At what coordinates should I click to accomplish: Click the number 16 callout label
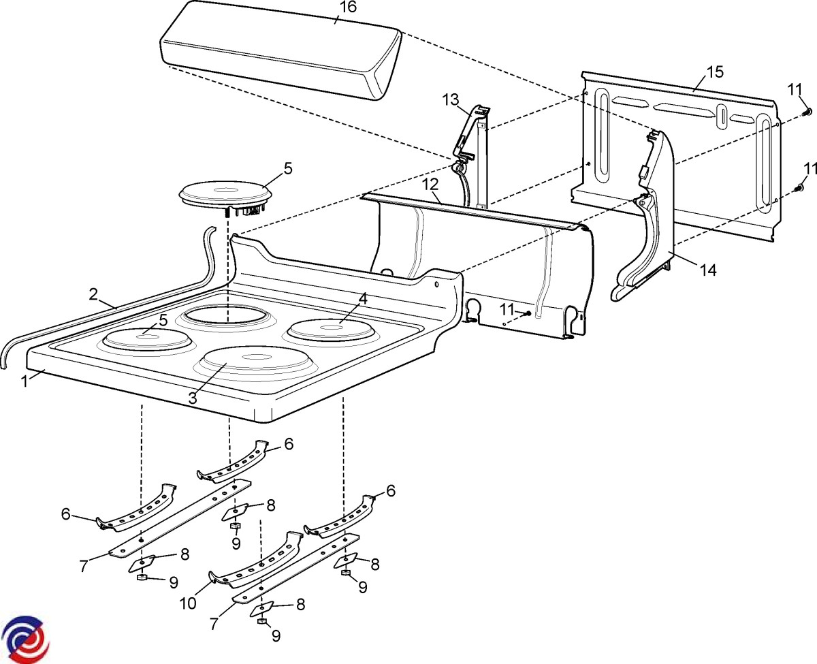click(x=347, y=7)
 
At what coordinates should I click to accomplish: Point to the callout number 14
click(x=708, y=270)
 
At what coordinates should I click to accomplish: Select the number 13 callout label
click(x=451, y=99)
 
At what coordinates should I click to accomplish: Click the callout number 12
click(x=428, y=184)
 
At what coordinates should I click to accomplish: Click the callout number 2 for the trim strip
click(x=94, y=294)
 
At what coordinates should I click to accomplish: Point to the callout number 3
click(x=193, y=398)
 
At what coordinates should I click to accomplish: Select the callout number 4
click(x=363, y=298)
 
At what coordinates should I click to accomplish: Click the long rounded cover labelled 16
click(x=279, y=51)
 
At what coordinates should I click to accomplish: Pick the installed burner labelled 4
click(x=331, y=330)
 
